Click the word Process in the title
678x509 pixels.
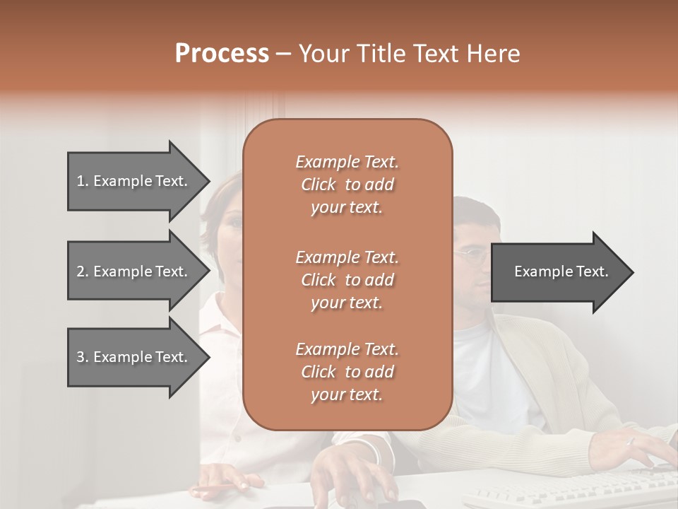click(x=222, y=54)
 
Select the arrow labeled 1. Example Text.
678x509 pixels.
click(x=134, y=181)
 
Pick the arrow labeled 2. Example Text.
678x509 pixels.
click(x=134, y=271)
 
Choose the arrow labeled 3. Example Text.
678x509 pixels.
click(x=134, y=357)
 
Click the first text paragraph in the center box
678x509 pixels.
click(x=347, y=185)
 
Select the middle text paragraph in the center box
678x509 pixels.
click(x=347, y=280)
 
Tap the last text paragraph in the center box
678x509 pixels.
click(x=347, y=372)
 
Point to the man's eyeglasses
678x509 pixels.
click(x=472, y=255)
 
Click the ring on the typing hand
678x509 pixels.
click(x=631, y=441)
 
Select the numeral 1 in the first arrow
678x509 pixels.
click(x=80, y=181)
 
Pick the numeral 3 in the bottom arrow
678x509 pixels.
click(x=81, y=357)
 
